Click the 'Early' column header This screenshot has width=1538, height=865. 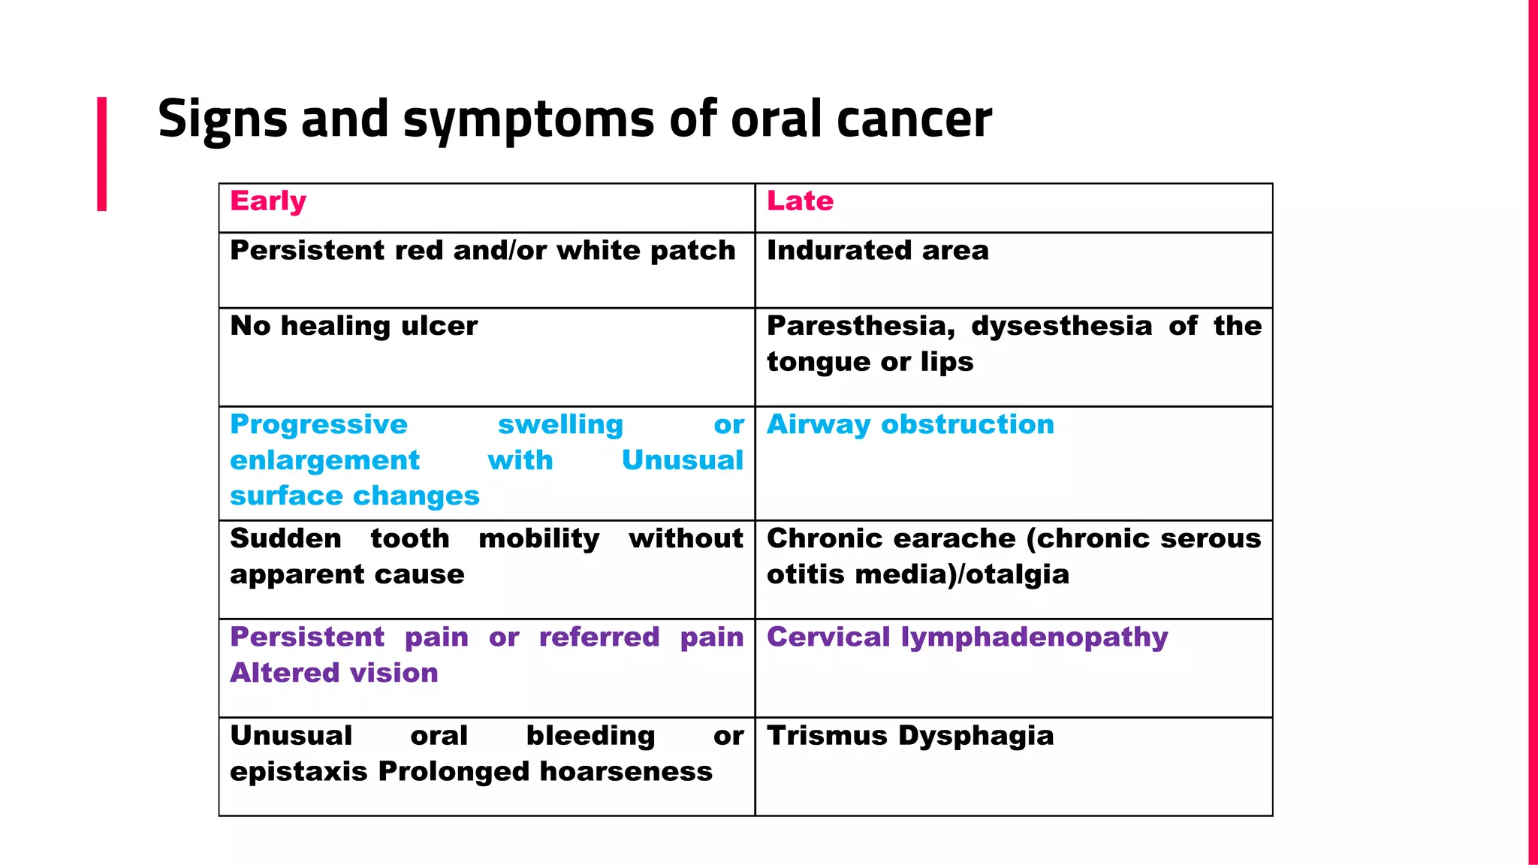tap(268, 201)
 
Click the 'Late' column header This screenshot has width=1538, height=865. tap(800, 201)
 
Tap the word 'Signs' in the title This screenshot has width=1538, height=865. tap(222, 119)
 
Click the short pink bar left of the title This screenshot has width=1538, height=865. tap(101, 153)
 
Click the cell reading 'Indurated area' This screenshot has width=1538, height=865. tap(877, 251)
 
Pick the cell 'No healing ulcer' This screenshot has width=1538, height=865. tap(354, 326)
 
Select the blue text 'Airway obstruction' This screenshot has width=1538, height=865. tap(910, 425)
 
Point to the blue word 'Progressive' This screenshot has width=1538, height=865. tap(318, 425)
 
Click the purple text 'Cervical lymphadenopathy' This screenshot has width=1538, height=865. tap(967, 637)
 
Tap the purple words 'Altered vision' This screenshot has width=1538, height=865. tap(334, 673)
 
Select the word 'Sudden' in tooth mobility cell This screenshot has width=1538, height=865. tap(285, 538)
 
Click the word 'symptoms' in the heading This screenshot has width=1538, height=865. tap(529, 119)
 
